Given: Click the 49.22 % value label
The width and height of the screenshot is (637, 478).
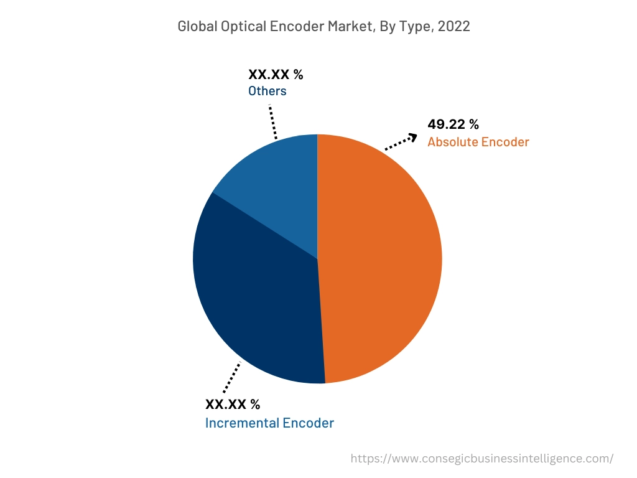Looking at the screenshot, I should [453, 124].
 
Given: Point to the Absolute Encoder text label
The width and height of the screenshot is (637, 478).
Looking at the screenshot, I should [478, 142].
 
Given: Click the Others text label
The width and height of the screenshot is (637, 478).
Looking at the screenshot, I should [267, 91].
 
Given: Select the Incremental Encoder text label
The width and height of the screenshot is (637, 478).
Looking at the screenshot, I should [269, 423].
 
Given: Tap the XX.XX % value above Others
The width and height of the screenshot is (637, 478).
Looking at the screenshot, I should [276, 75].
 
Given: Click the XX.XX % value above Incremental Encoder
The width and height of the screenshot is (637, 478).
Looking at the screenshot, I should [233, 405].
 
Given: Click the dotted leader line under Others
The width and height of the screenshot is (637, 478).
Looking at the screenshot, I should [273, 121].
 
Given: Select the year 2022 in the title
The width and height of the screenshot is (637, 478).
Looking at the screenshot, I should [455, 26].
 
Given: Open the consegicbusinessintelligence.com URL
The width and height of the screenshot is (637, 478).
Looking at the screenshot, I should [481, 459].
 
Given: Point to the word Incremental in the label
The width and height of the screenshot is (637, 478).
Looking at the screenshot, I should [242, 423].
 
